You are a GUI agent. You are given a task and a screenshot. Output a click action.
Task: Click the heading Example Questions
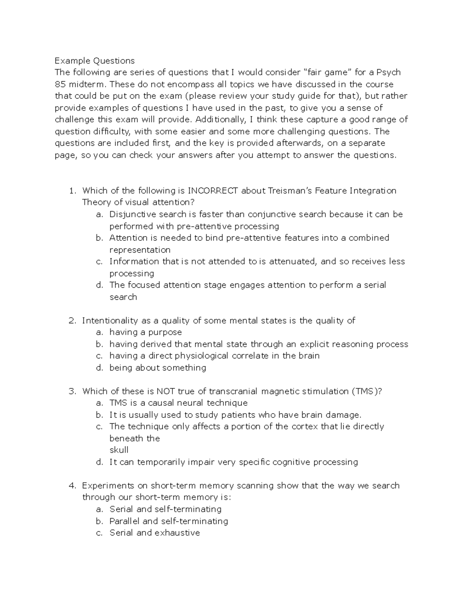pyautogui.click(x=94, y=61)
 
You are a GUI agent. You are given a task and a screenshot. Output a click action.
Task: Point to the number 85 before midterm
pyautogui.click(x=60, y=84)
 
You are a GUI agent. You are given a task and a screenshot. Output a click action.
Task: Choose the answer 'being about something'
pyautogui.click(x=158, y=368)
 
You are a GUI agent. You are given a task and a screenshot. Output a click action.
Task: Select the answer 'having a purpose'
pyautogui.click(x=146, y=332)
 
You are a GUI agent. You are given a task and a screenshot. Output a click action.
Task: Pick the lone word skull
pyautogui.click(x=119, y=450)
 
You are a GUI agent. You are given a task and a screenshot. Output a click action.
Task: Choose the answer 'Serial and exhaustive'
pyautogui.click(x=155, y=533)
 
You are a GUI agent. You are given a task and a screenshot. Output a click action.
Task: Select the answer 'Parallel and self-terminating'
pyautogui.click(x=169, y=521)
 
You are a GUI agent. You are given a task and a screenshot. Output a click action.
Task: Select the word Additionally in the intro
pyautogui.click(x=220, y=120)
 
